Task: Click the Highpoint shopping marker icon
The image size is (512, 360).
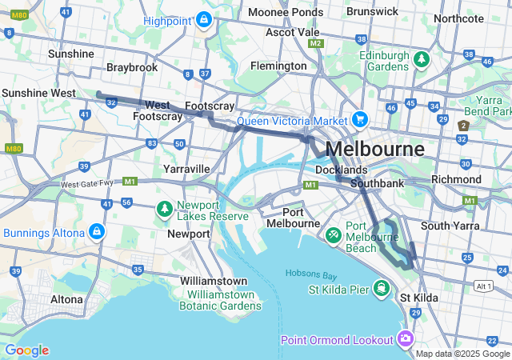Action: [204, 18]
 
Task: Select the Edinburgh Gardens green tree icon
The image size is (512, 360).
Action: [421, 59]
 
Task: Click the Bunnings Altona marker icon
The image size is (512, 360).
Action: [97, 232]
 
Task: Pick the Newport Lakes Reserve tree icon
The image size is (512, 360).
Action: [165, 209]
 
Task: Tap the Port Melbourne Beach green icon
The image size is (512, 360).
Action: [334, 235]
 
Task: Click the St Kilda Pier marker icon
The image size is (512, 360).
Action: [382, 287]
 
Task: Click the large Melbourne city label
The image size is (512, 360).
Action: [375, 149]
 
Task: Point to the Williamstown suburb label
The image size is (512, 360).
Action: [214, 281]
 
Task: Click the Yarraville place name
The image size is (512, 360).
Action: [186, 169]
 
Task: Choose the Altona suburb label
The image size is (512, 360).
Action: [66, 299]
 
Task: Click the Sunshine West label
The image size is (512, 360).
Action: [38, 93]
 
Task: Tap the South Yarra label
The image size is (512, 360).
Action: [450, 226]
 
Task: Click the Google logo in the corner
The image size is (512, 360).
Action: [26, 350]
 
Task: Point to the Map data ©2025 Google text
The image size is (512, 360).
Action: [462, 354]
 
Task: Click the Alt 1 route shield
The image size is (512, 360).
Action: [482, 286]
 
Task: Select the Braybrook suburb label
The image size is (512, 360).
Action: [132, 67]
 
